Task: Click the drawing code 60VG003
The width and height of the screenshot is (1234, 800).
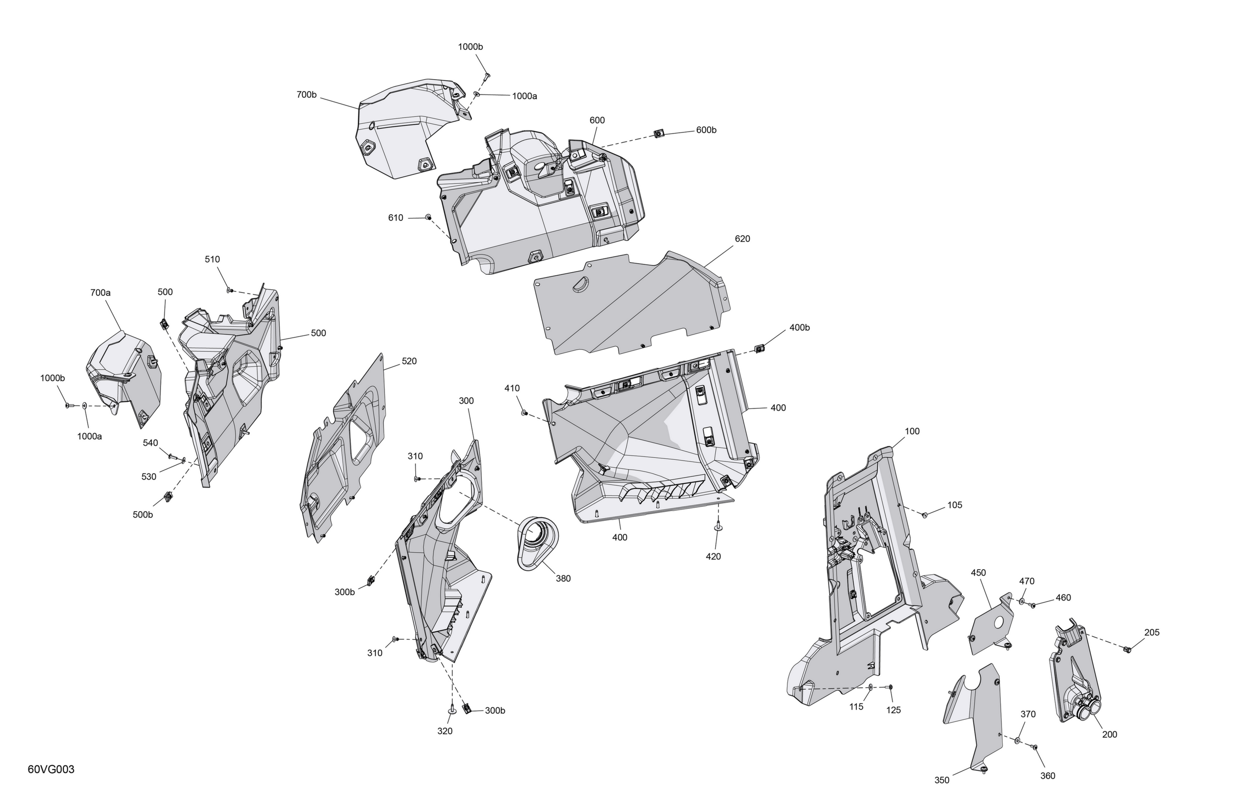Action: click(x=51, y=769)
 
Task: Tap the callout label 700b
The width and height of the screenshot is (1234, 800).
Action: click(x=306, y=95)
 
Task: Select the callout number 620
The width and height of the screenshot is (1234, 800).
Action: click(x=742, y=239)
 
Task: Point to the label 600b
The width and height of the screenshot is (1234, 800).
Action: click(x=706, y=130)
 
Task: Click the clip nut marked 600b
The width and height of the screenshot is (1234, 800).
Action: click(x=659, y=134)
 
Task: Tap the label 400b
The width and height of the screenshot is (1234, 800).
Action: click(x=800, y=328)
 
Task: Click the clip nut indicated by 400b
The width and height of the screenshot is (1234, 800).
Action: click(x=760, y=348)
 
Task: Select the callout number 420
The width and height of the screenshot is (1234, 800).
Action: click(x=713, y=557)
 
